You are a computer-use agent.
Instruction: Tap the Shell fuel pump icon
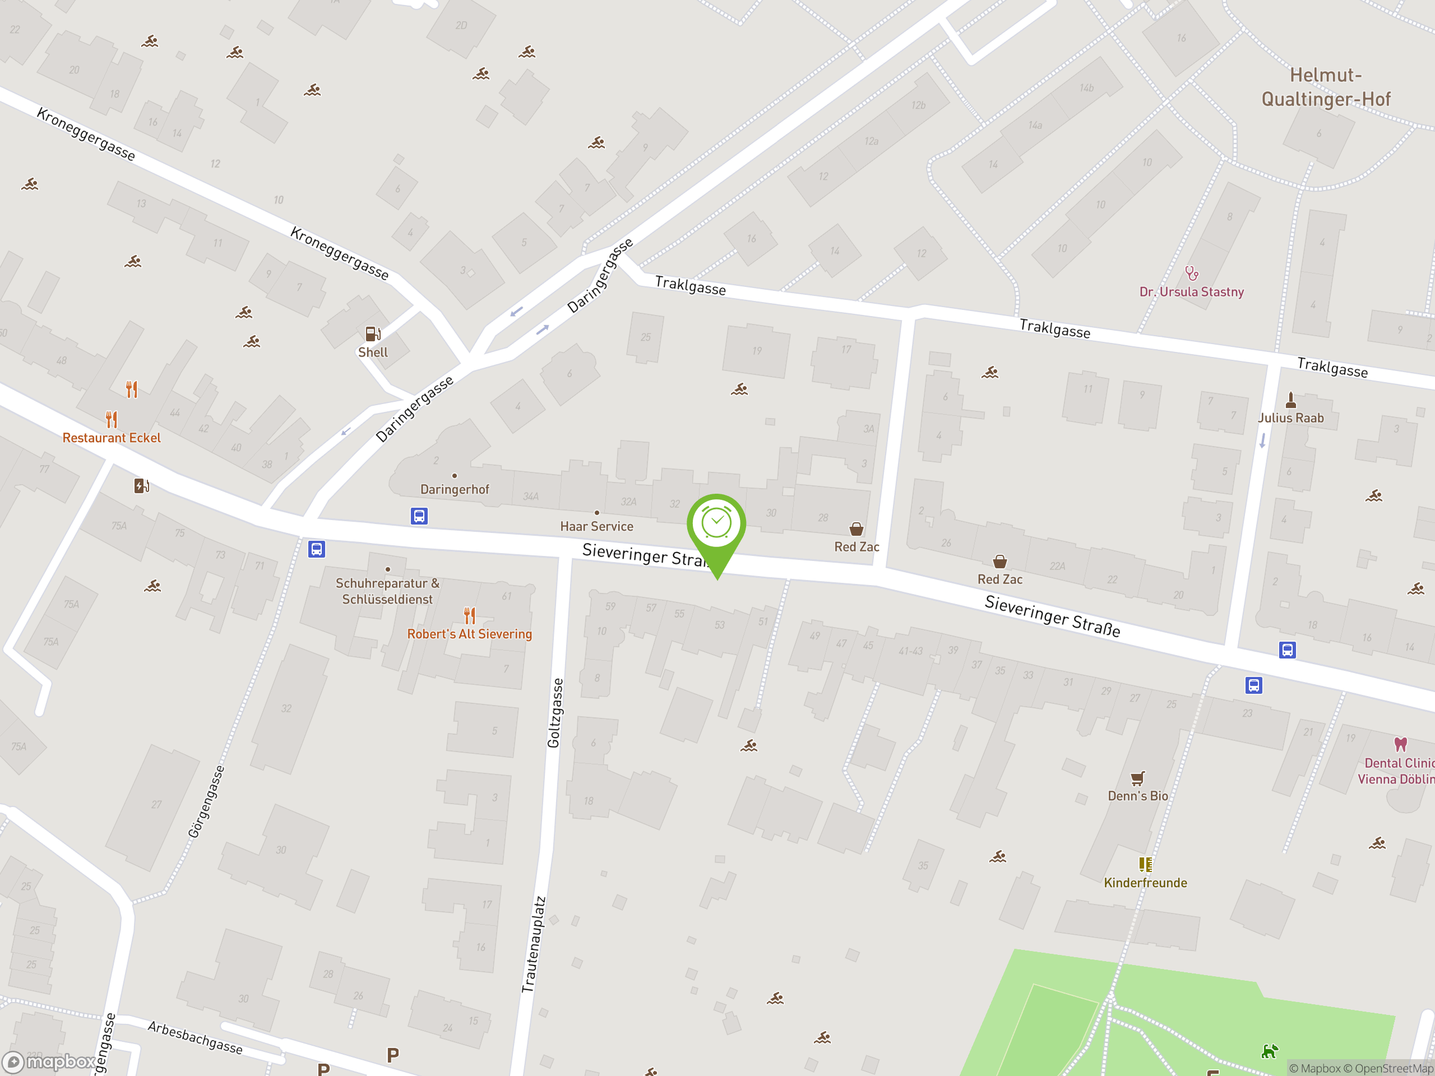pyautogui.click(x=372, y=334)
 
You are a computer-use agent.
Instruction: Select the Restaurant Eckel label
pyautogui.click(x=112, y=438)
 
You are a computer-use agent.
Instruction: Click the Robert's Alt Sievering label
pyautogui.click(x=469, y=634)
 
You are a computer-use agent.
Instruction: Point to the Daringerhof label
pyautogui.click(x=454, y=490)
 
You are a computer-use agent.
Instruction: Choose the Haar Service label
pyautogui.click(x=596, y=527)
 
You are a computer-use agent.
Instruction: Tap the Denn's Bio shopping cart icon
pyautogui.click(x=1137, y=778)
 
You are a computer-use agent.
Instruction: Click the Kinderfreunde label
pyautogui.click(x=1145, y=883)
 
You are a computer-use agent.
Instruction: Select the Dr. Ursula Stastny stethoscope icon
pyautogui.click(x=1191, y=273)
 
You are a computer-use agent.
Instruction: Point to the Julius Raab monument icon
pyautogui.click(x=1290, y=400)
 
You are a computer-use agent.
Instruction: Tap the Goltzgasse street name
pyautogui.click(x=555, y=713)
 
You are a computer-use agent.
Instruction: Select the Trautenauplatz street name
pyautogui.click(x=534, y=944)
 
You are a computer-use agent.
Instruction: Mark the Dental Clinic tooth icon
pyautogui.click(x=1401, y=744)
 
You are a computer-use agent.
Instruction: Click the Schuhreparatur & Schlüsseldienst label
pyautogui.click(x=387, y=591)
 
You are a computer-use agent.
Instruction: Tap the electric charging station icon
pyautogui.click(x=141, y=486)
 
